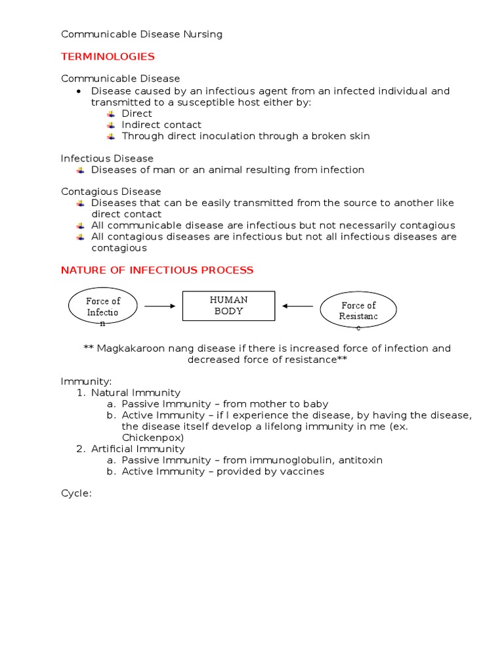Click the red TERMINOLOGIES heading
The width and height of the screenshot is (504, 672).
[108, 56]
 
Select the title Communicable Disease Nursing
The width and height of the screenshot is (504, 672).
[142, 34]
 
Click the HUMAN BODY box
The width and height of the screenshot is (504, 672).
[228, 306]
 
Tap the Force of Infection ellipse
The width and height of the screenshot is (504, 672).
[103, 306]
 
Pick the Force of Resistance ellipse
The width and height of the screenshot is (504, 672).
[358, 310]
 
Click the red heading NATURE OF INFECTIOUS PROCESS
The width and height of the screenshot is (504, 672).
[157, 270]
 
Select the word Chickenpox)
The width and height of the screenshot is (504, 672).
[153, 437]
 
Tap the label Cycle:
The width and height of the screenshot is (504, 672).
[76, 493]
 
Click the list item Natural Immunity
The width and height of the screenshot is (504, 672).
[135, 392]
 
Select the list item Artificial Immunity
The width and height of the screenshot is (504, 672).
[138, 449]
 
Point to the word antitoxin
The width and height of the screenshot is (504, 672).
[360, 460]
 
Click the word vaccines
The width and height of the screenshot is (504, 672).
[303, 471]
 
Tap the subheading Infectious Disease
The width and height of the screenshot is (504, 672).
[107, 158]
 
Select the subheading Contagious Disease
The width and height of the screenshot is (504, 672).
[111, 192]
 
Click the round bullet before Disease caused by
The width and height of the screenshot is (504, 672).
[78, 91]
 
